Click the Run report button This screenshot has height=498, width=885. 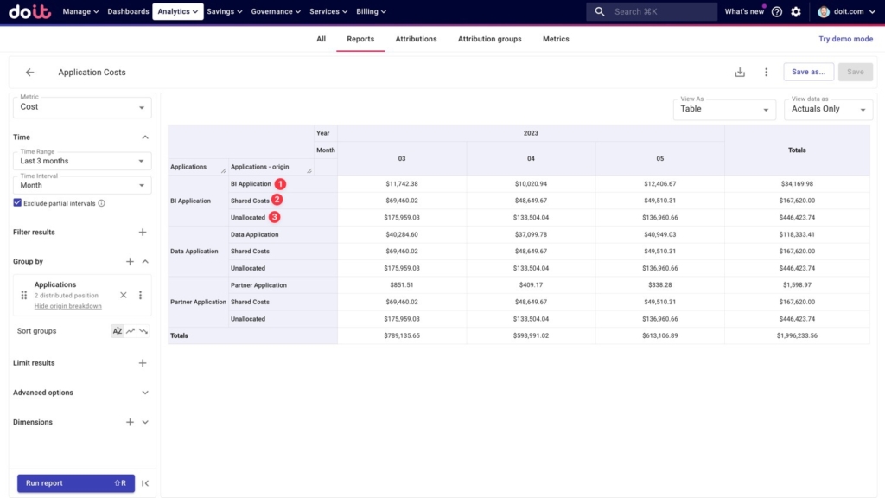click(x=76, y=482)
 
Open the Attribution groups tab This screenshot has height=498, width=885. click(x=489, y=39)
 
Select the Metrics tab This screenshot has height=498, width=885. click(x=556, y=39)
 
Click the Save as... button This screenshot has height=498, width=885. click(x=808, y=72)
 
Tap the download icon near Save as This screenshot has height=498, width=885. click(x=740, y=73)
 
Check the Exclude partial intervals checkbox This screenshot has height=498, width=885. click(x=17, y=202)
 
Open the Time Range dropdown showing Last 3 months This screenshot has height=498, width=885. click(x=82, y=161)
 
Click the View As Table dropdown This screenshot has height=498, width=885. click(x=724, y=109)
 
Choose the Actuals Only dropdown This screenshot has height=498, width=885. click(x=828, y=109)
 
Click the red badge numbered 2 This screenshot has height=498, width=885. click(x=277, y=200)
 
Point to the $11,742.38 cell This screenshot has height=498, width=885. click(x=402, y=183)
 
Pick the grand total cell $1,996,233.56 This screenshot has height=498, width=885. click(x=797, y=335)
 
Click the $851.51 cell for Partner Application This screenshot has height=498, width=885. click(x=402, y=285)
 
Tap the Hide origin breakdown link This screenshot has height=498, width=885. click(x=67, y=306)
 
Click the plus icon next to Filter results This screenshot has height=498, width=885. click(x=143, y=232)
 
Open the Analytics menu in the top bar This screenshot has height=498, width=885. click(x=178, y=11)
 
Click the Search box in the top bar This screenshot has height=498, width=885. click(x=652, y=11)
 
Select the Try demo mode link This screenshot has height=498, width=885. click(x=845, y=39)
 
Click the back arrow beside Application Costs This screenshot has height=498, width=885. click(x=30, y=73)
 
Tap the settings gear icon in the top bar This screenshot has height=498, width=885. click(x=796, y=11)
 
